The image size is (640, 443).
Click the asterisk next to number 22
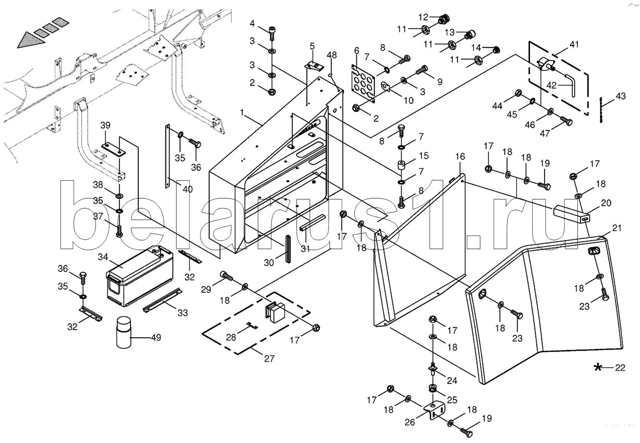(599, 368)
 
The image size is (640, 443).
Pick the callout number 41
(574, 44)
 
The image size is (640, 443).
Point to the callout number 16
(460, 157)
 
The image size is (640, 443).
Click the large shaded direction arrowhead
(32, 39)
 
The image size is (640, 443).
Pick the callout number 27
(269, 359)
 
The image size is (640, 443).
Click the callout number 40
(187, 189)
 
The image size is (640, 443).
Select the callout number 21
(616, 228)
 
